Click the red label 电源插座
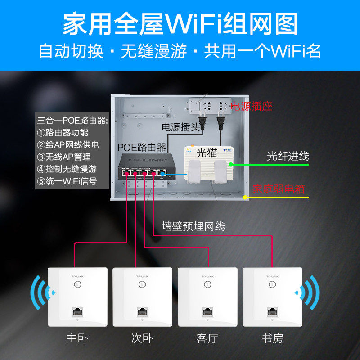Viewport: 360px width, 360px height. (x=251, y=107)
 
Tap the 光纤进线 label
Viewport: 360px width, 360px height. (x=288, y=156)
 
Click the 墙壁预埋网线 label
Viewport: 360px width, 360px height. (x=193, y=226)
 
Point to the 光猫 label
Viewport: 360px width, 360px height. (x=207, y=152)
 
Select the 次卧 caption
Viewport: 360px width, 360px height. (x=142, y=338)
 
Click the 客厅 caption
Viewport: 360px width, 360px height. (x=207, y=338)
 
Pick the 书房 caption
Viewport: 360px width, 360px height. (x=272, y=338)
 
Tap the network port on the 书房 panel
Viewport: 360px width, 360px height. (x=272, y=311)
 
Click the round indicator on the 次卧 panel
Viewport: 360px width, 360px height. (x=142, y=284)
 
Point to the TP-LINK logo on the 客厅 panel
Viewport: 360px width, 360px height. (x=207, y=276)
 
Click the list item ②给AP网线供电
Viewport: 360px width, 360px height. (x=68, y=145)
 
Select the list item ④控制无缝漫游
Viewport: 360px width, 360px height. (x=68, y=169)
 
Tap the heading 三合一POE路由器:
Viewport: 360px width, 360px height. (x=72, y=121)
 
